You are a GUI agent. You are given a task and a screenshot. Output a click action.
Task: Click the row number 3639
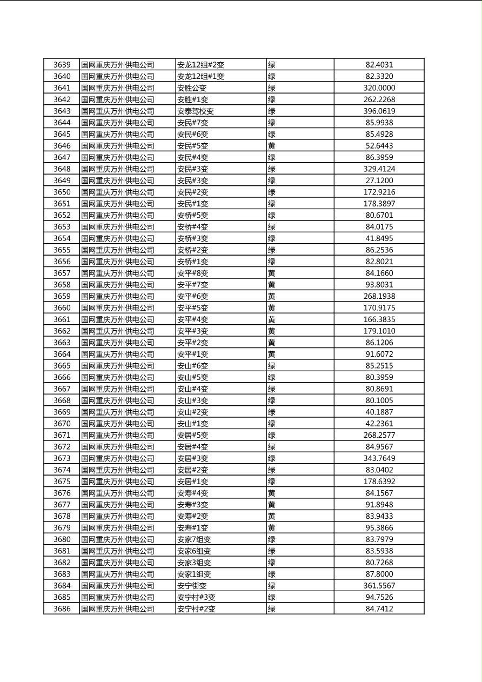click(62, 65)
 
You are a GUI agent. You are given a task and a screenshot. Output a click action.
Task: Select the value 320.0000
click(379, 88)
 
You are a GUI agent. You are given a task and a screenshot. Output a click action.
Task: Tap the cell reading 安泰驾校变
click(196, 111)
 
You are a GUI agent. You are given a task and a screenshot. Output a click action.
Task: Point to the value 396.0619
click(379, 111)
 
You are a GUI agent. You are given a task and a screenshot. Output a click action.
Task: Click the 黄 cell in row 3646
click(272, 146)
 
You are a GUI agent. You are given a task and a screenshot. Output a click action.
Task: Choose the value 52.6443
click(379, 146)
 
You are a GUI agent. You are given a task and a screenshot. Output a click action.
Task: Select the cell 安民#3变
click(192, 169)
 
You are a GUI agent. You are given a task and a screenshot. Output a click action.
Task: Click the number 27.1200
click(379, 180)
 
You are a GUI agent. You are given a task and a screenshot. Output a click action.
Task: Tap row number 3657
click(62, 273)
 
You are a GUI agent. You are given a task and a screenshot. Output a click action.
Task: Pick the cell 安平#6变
click(192, 296)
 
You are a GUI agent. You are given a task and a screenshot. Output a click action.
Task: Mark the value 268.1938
click(379, 296)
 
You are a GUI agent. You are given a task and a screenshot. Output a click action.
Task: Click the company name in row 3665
click(118, 366)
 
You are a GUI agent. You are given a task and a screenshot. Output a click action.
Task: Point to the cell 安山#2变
click(192, 412)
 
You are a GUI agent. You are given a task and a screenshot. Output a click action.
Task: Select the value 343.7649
click(379, 458)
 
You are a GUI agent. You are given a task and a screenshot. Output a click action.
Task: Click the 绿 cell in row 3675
click(272, 482)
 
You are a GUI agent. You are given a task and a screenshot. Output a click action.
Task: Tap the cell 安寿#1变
click(192, 528)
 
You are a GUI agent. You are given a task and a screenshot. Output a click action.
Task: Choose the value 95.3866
click(379, 528)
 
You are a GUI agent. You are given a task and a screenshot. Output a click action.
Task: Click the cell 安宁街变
click(192, 586)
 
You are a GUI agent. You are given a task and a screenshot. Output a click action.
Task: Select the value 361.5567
click(379, 586)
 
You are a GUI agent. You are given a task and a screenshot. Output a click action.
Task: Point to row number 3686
click(62, 609)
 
